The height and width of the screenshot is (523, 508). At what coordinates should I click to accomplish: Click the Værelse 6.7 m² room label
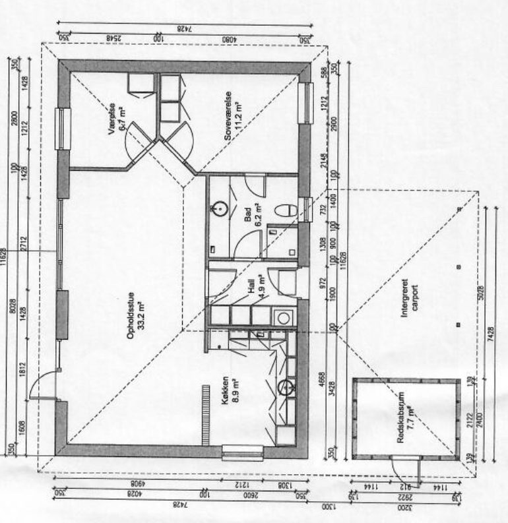119,119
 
